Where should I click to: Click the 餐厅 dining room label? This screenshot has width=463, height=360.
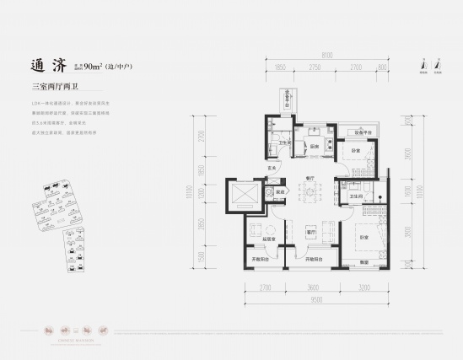[x=310, y=178]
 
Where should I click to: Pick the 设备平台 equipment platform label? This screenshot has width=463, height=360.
[x=363, y=132]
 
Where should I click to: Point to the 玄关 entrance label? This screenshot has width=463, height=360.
[x=273, y=169]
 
